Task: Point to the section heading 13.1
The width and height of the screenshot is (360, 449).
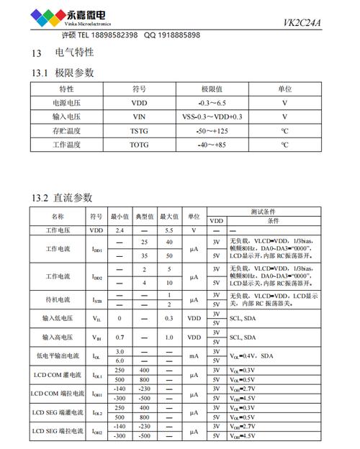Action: click(40, 73)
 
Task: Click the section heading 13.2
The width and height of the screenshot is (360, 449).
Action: click(40, 198)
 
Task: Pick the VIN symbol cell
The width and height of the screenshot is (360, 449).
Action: click(139, 117)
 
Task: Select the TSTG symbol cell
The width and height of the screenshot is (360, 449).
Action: click(139, 131)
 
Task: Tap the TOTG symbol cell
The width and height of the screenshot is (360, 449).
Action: click(139, 145)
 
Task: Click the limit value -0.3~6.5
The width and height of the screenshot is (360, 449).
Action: click(210, 103)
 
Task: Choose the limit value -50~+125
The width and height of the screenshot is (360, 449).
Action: click(210, 131)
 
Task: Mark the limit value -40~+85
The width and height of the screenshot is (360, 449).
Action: click(210, 145)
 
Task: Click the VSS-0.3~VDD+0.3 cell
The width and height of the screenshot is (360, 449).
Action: click(210, 117)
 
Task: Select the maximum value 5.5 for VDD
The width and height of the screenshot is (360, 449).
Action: click(169, 230)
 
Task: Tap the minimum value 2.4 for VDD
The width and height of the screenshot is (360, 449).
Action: click(120, 230)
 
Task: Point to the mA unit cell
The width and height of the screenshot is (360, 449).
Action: click(194, 355)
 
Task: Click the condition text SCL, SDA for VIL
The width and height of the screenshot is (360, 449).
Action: click(243, 318)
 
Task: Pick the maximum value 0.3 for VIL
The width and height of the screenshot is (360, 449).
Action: click(169, 318)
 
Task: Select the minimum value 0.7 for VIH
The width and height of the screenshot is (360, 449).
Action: click(120, 337)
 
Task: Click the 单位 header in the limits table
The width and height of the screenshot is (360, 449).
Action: click(284, 89)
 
